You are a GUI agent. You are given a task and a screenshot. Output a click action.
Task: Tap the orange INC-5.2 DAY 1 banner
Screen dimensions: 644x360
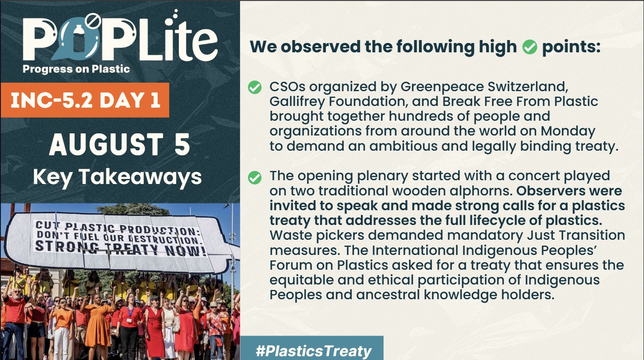85,100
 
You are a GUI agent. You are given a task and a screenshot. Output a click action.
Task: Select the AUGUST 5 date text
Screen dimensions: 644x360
120,144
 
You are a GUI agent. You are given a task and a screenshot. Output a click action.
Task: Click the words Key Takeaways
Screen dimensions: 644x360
117,177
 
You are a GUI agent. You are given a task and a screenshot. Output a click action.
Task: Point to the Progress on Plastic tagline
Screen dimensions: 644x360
76,69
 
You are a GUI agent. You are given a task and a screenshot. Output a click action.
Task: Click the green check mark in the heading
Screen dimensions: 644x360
530,47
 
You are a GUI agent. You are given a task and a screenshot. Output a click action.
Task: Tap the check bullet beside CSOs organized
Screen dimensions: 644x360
255,87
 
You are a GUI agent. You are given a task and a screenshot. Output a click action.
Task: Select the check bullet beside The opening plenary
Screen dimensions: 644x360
255,178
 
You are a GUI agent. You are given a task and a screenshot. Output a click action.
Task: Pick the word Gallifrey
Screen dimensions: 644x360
296,102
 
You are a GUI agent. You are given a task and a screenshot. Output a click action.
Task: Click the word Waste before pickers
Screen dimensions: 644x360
288,235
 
